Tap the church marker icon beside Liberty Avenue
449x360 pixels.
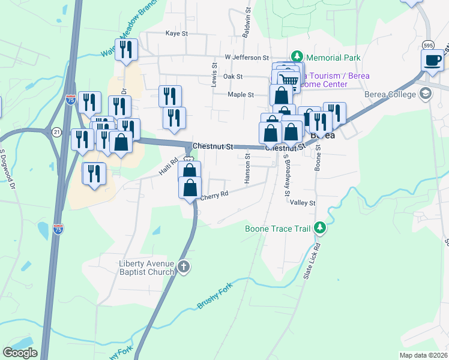tap(184, 267)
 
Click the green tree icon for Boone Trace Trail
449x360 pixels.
tap(321, 228)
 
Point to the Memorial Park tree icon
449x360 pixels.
tap(296, 57)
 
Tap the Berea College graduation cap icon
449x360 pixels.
tap(426, 94)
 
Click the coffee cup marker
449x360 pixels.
tap(433, 60)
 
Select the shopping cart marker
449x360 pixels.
tap(289, 79)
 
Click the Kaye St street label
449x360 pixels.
tap(176, 34)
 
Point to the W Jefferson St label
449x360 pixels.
tap(247, 58)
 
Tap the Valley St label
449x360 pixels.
tap(303, 203)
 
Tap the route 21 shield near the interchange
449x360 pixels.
tap(56, 132)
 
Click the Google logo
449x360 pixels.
tap(20, 353)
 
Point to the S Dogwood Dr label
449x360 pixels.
tap(7, 169)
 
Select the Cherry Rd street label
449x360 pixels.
tap(214, 195)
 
